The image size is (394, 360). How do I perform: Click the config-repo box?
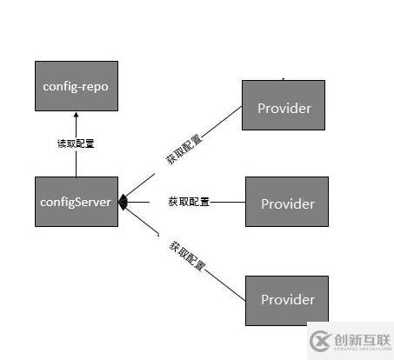click(x=76, y=87)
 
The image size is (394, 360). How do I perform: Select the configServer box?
click(x=76, y=202)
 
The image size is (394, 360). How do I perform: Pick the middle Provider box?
click(x=286, y=203)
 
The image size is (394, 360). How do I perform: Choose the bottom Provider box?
click(x=286, y=300)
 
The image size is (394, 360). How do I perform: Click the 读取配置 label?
click(x=76, y=143)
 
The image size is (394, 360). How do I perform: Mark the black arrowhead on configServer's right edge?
click(x=124, y=203)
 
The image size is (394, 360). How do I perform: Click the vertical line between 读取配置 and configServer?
click(x=76, y=164)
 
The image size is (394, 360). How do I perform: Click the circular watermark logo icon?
click(x=321, y=338)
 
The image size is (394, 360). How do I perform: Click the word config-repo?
click(x=76, y=87)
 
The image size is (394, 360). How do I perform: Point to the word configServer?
click(x=76, y=202)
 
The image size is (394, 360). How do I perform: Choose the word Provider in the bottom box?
click(x=286, y=300)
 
